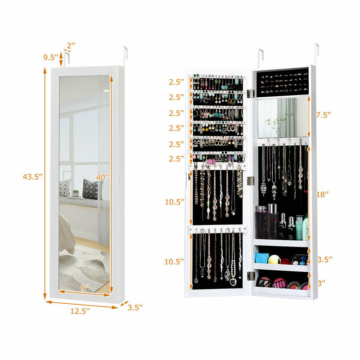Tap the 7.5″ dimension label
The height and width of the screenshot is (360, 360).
pos(323,115)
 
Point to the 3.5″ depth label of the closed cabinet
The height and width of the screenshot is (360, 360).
pos(135,307)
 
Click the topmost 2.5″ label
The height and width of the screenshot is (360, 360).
pos(177,82)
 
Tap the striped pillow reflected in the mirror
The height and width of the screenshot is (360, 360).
pos(92,189)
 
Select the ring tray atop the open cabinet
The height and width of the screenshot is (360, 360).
pos(282,82)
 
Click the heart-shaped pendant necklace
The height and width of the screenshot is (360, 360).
pos(233,282)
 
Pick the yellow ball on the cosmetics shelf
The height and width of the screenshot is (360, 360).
pos(274,260)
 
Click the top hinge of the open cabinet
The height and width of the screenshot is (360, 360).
pos(251,93)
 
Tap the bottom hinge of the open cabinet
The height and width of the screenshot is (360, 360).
pos(251,275)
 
